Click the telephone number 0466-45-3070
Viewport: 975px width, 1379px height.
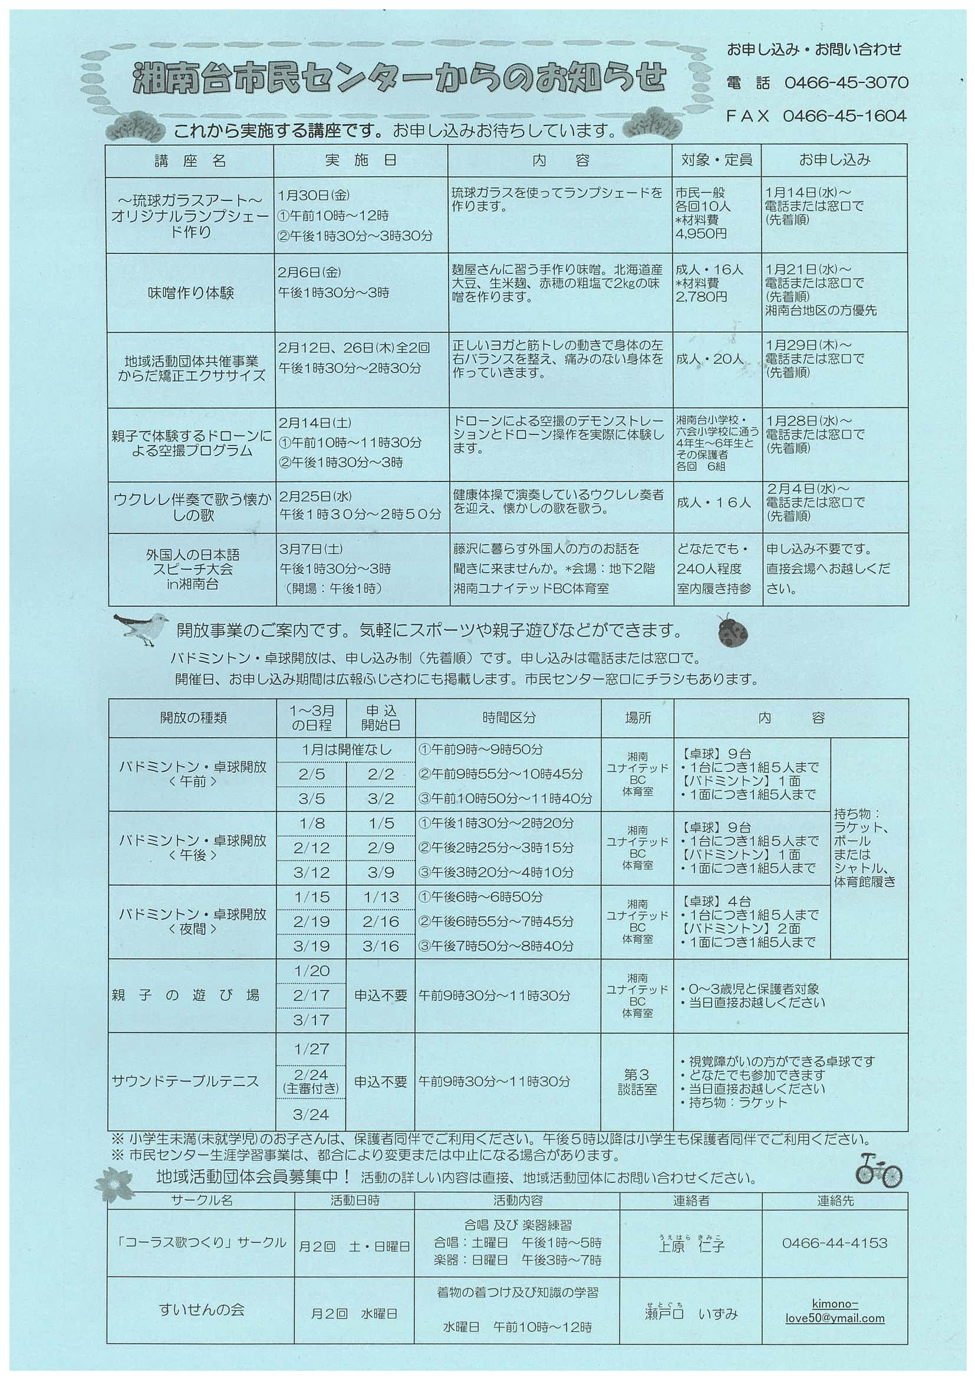[x=846, y=83]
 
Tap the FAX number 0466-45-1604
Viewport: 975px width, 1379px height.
[x=844, y=116]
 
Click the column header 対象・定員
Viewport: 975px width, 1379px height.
[x=716, y=160]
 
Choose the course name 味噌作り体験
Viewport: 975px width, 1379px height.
[x=191, y=293]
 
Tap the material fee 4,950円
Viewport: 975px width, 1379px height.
[x=700, y=233]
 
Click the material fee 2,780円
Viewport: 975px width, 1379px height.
[x=701, y=296]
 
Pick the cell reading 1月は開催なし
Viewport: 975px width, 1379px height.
[x=346, y=750]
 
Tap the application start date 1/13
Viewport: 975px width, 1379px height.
[x=381, y=897]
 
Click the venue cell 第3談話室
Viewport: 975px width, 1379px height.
[x=637, y=1082]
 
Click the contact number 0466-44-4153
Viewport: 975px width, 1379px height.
[x=835, y=1243]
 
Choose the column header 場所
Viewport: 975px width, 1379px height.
[x=637, y=718]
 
